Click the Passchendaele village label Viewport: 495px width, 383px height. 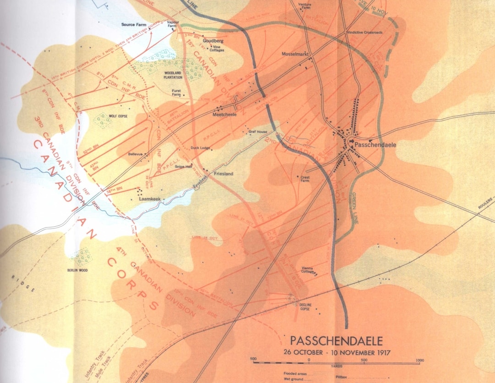pyautogui.click(x=375, y=144)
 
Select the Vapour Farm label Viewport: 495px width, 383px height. pyautogui.click(x=173, y=24)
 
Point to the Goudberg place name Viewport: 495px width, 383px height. pyautogui.click(x=213, y=41)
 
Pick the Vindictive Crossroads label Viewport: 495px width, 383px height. pyautogui.click(x=364, y=33)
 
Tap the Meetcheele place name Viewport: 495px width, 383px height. pyautogui.click(x=225, y=115)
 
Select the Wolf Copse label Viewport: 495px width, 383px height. pyautogui.click(x=118, y=117)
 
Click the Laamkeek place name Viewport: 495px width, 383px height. pyautogui.click(x=149, y=199)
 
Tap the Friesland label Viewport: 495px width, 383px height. pyautogui.click(x=224, y=174)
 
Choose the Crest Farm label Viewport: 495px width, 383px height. pyautogui.click(x=305, y=179)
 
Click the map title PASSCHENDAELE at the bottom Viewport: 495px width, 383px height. pyautogui.click(x=336, y=341)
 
